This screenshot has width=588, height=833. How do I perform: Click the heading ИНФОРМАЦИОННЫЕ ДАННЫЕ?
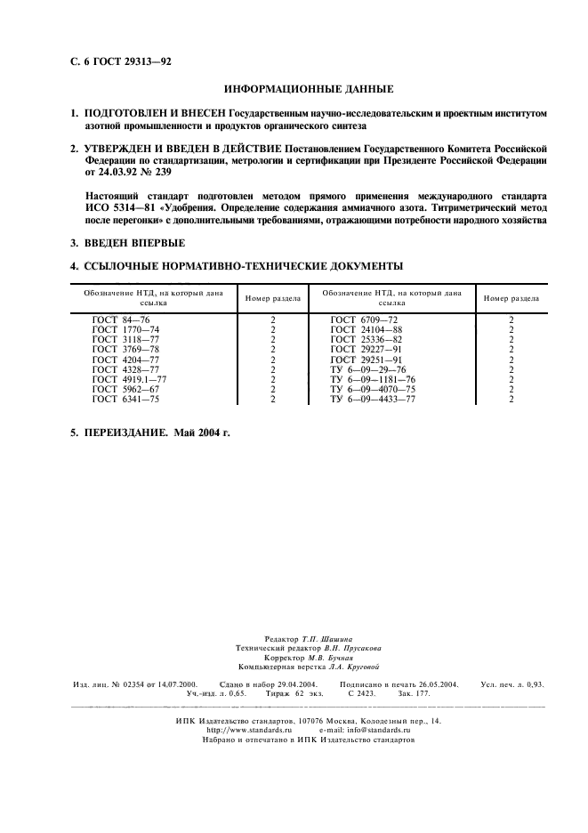click(x=309, y=90)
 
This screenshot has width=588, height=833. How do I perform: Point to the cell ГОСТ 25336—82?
click(x=366, y=339)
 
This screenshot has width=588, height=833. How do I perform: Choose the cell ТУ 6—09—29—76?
click(x=366, y=369)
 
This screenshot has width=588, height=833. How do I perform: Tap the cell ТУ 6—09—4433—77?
click(x=373, y=400)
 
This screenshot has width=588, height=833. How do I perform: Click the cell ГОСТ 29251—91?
click(x=366, y=360)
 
